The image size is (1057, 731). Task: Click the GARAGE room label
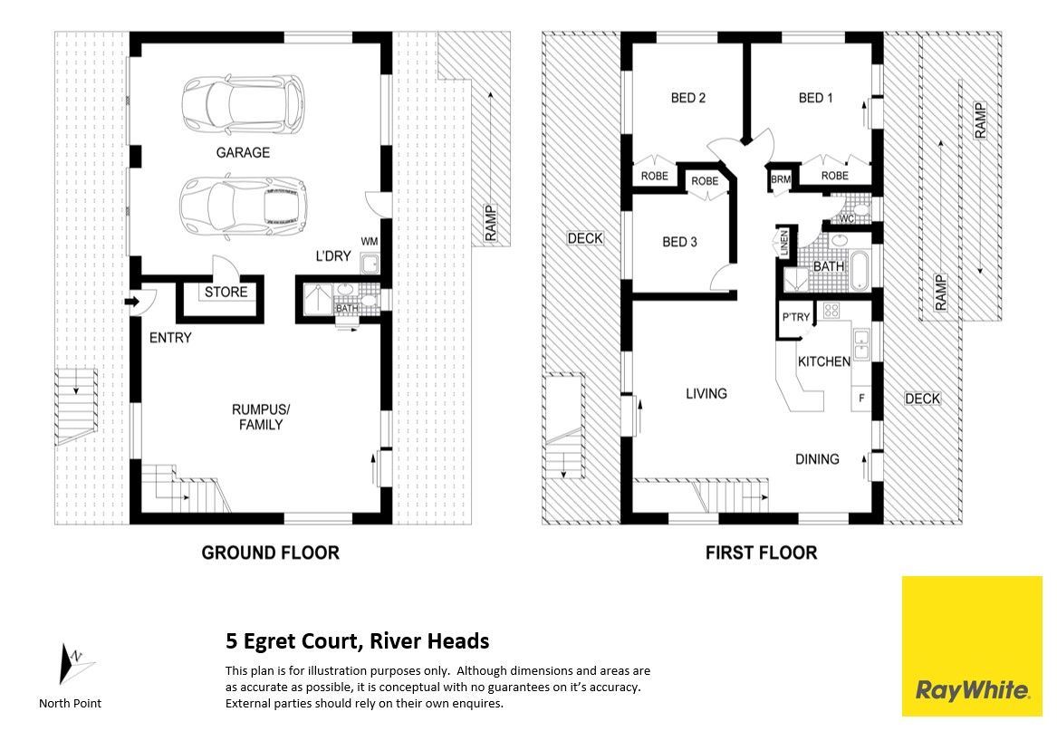[x=243, y=152]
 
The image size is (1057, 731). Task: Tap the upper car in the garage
[x=243, y=105]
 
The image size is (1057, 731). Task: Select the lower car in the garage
[x=242, y=207]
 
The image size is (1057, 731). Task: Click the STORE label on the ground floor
[x=226, y=292]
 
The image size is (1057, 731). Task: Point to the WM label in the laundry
[x=370, y=242]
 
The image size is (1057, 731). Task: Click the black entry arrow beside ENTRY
[x=131, y=302]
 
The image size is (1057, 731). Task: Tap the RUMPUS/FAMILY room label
[x=261, y=417]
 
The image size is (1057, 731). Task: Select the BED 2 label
[x=688, y=98]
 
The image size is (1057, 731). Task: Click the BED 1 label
[x=816, y=98]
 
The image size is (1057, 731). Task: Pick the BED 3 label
[x=679, y=242]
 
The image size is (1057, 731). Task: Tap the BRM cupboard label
[x=781, y=179]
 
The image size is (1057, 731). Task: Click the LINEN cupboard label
[x=784, y=244]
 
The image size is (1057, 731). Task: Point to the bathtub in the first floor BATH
[x=860, y=271]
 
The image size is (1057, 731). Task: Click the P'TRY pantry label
[x=796, y=317]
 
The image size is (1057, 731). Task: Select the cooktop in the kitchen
[x=831, y=311]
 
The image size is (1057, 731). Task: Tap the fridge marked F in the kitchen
[x=861, y=398]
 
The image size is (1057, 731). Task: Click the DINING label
[x=817, y=459]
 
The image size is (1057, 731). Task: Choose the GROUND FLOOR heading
[x=270, y=553]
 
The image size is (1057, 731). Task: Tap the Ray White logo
[x=972, y=646]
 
